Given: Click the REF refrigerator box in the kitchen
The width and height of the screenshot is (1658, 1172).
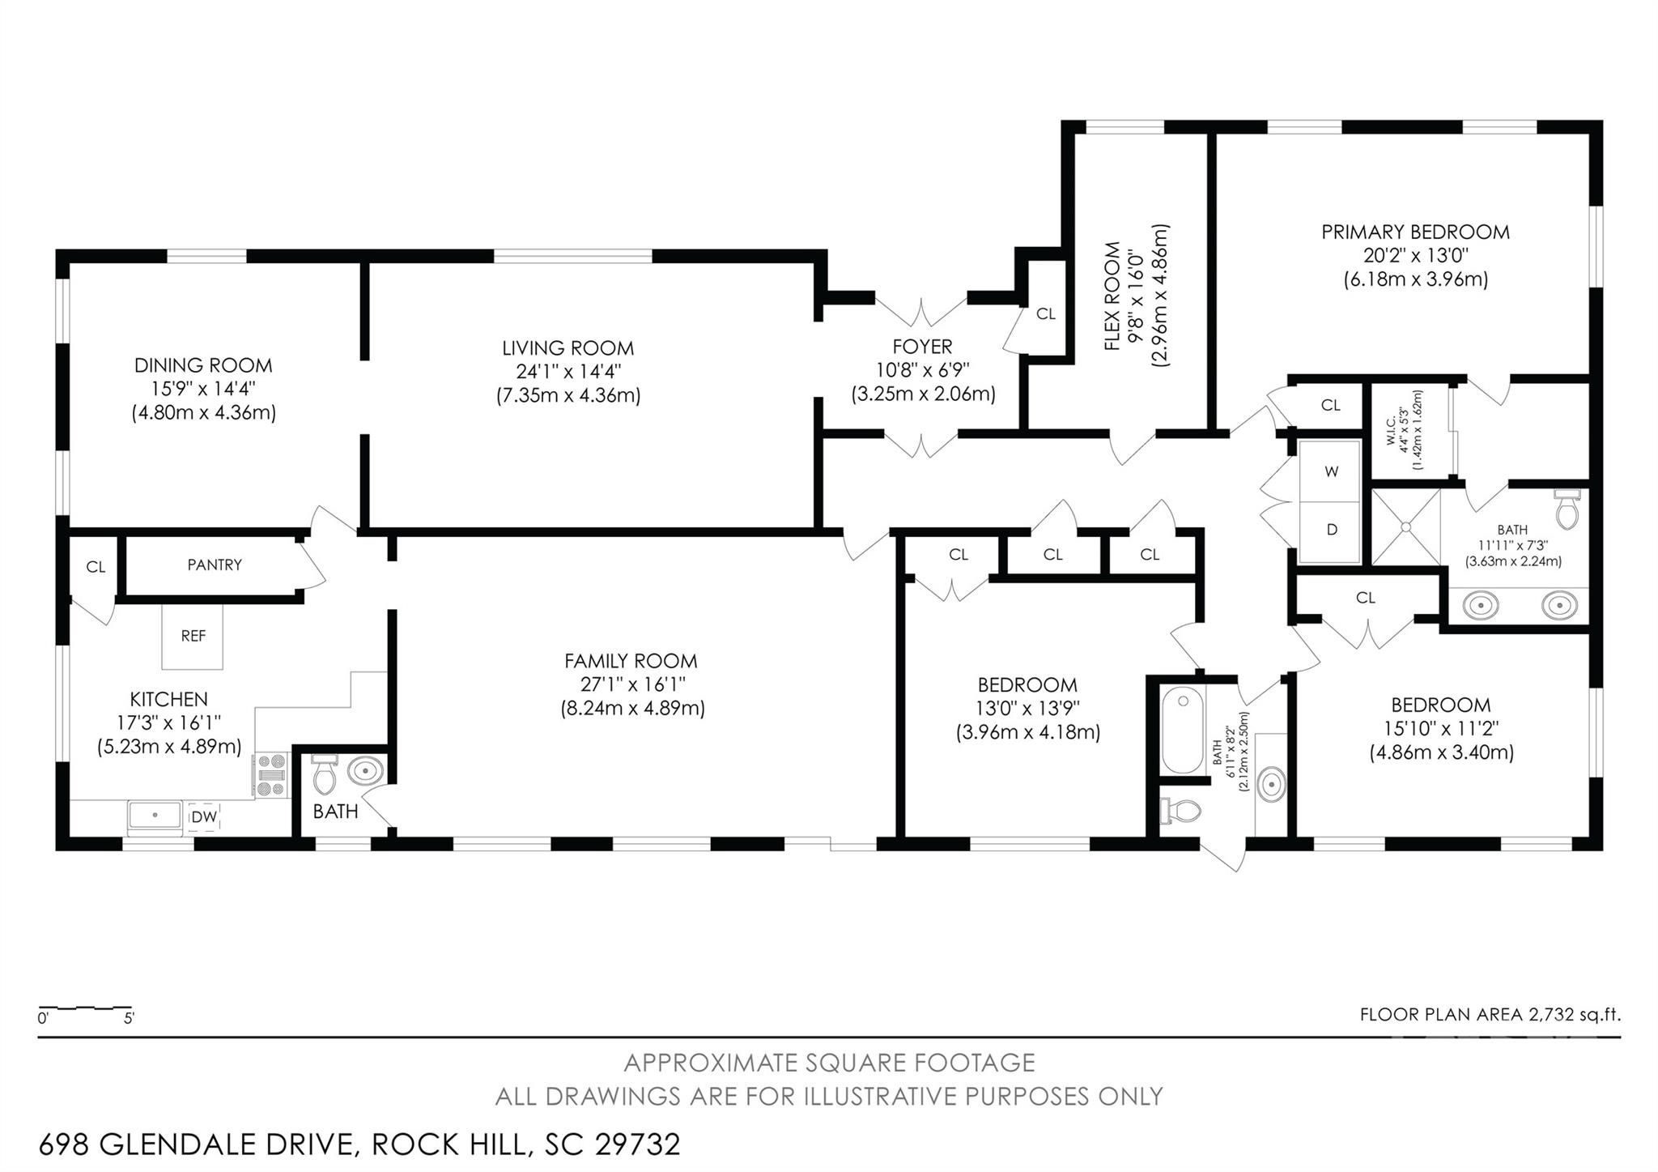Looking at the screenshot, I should (x=193, y=637).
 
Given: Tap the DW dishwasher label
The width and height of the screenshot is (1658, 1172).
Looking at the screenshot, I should (x=204, y=817).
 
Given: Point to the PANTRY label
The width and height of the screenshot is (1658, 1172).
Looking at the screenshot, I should (x=215, y=565).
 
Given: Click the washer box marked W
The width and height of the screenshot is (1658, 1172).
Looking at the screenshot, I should (x=1331, y=471).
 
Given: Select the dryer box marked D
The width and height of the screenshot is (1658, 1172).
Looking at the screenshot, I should (x=1331, y=531).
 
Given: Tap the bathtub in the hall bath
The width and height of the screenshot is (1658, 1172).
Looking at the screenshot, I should (x=1182, y=730).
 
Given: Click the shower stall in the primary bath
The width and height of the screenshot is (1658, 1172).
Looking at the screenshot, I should (x=1405, y=526).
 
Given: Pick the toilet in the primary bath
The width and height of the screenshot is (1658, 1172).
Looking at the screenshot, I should (x=1567, y=510).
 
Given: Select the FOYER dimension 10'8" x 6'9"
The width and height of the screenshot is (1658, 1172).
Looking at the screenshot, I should (x=922, y=370).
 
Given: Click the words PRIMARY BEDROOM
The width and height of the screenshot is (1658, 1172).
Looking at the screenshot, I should (x=1415, y=232).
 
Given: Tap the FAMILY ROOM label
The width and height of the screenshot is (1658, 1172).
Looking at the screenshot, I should (x=631, y=661).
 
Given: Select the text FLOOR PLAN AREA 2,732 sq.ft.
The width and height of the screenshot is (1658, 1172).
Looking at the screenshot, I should (x=1490, y=1014).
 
